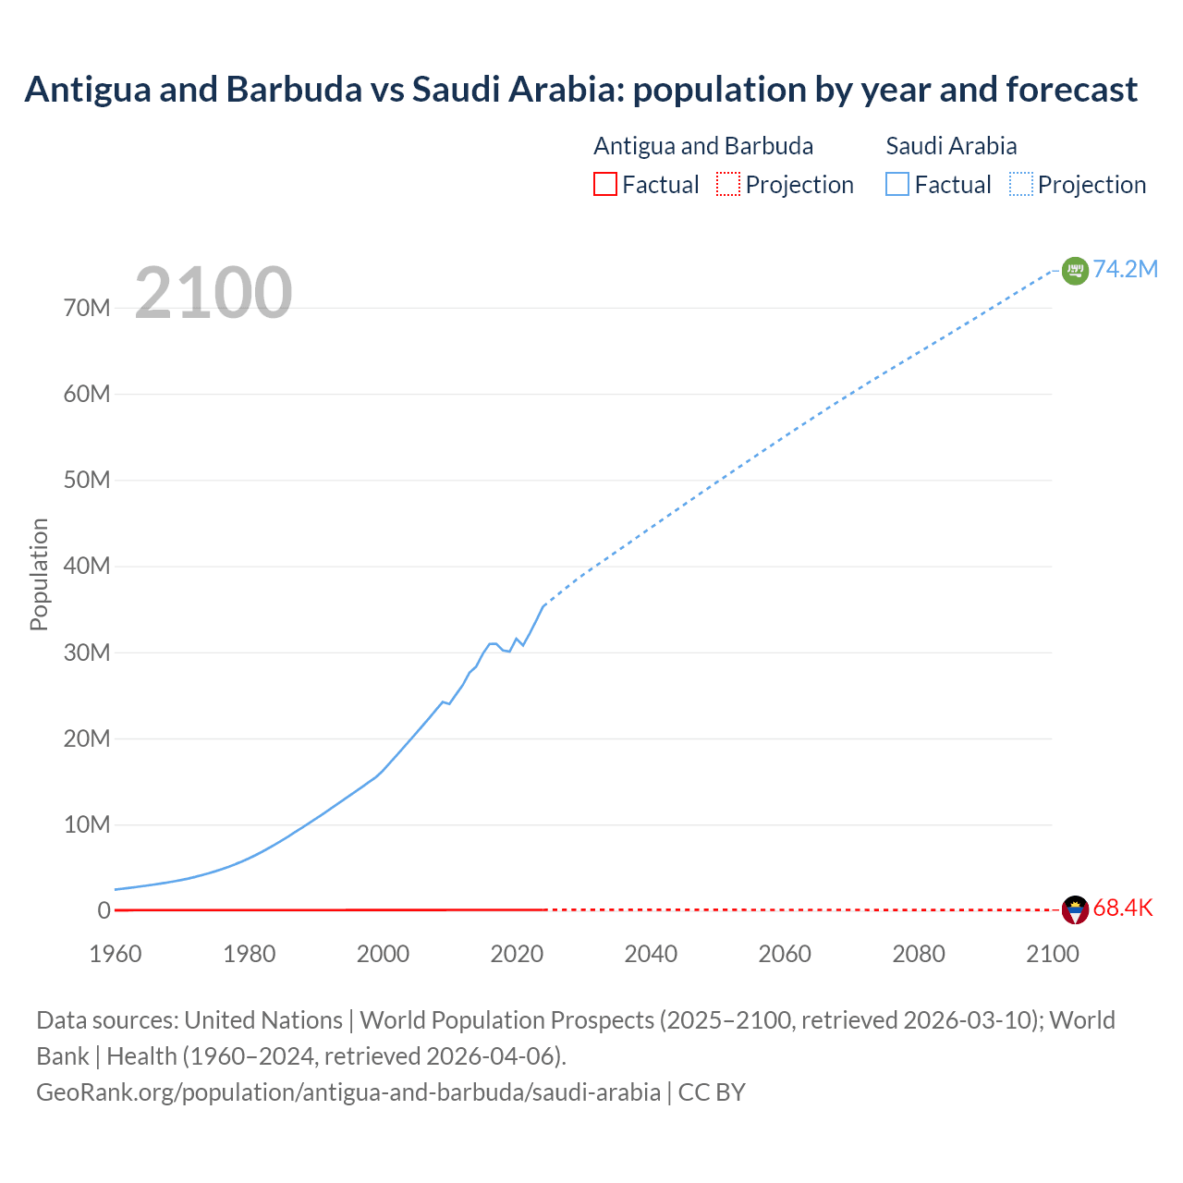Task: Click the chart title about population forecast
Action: [x=580, y=90]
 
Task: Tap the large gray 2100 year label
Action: [x=213, y=293]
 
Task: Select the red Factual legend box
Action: [x=604, y=184]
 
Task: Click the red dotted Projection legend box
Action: [x=728, y=184]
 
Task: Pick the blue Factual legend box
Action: [x=896, y=184]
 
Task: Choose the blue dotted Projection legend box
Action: [x=1020, y=184]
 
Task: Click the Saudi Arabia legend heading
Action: [x=951, y=146]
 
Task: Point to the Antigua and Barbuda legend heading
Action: [x=703, y=146]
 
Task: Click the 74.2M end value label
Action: [x=1125, y=269]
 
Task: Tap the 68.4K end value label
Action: [x=1123, y=908]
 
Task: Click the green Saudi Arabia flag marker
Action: [x=1075, y=271]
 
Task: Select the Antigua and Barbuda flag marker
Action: [x=1075, y=910]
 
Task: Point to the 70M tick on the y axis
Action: [x=87, y=308]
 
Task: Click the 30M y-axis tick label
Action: [x=87, y=652]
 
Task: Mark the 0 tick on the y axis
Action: [x=104, y=910]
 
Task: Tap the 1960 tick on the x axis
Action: [x=116, y=954]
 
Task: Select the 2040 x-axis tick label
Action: [x=651, y=954]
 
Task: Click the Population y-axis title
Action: [x=39, y=574]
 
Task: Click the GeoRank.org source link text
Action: [x=348, y=1092]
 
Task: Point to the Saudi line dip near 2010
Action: [x=448, y=703]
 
